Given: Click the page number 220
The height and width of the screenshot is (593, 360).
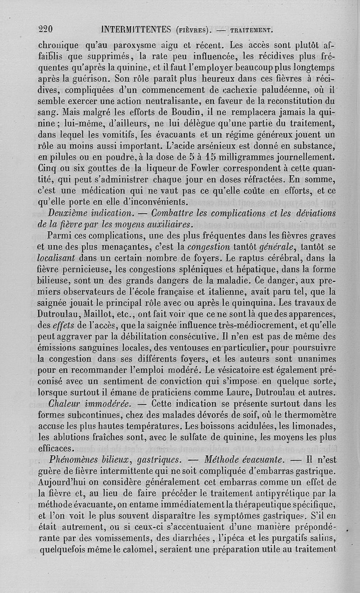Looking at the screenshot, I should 45,30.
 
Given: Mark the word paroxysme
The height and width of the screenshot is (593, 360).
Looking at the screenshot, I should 135,45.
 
